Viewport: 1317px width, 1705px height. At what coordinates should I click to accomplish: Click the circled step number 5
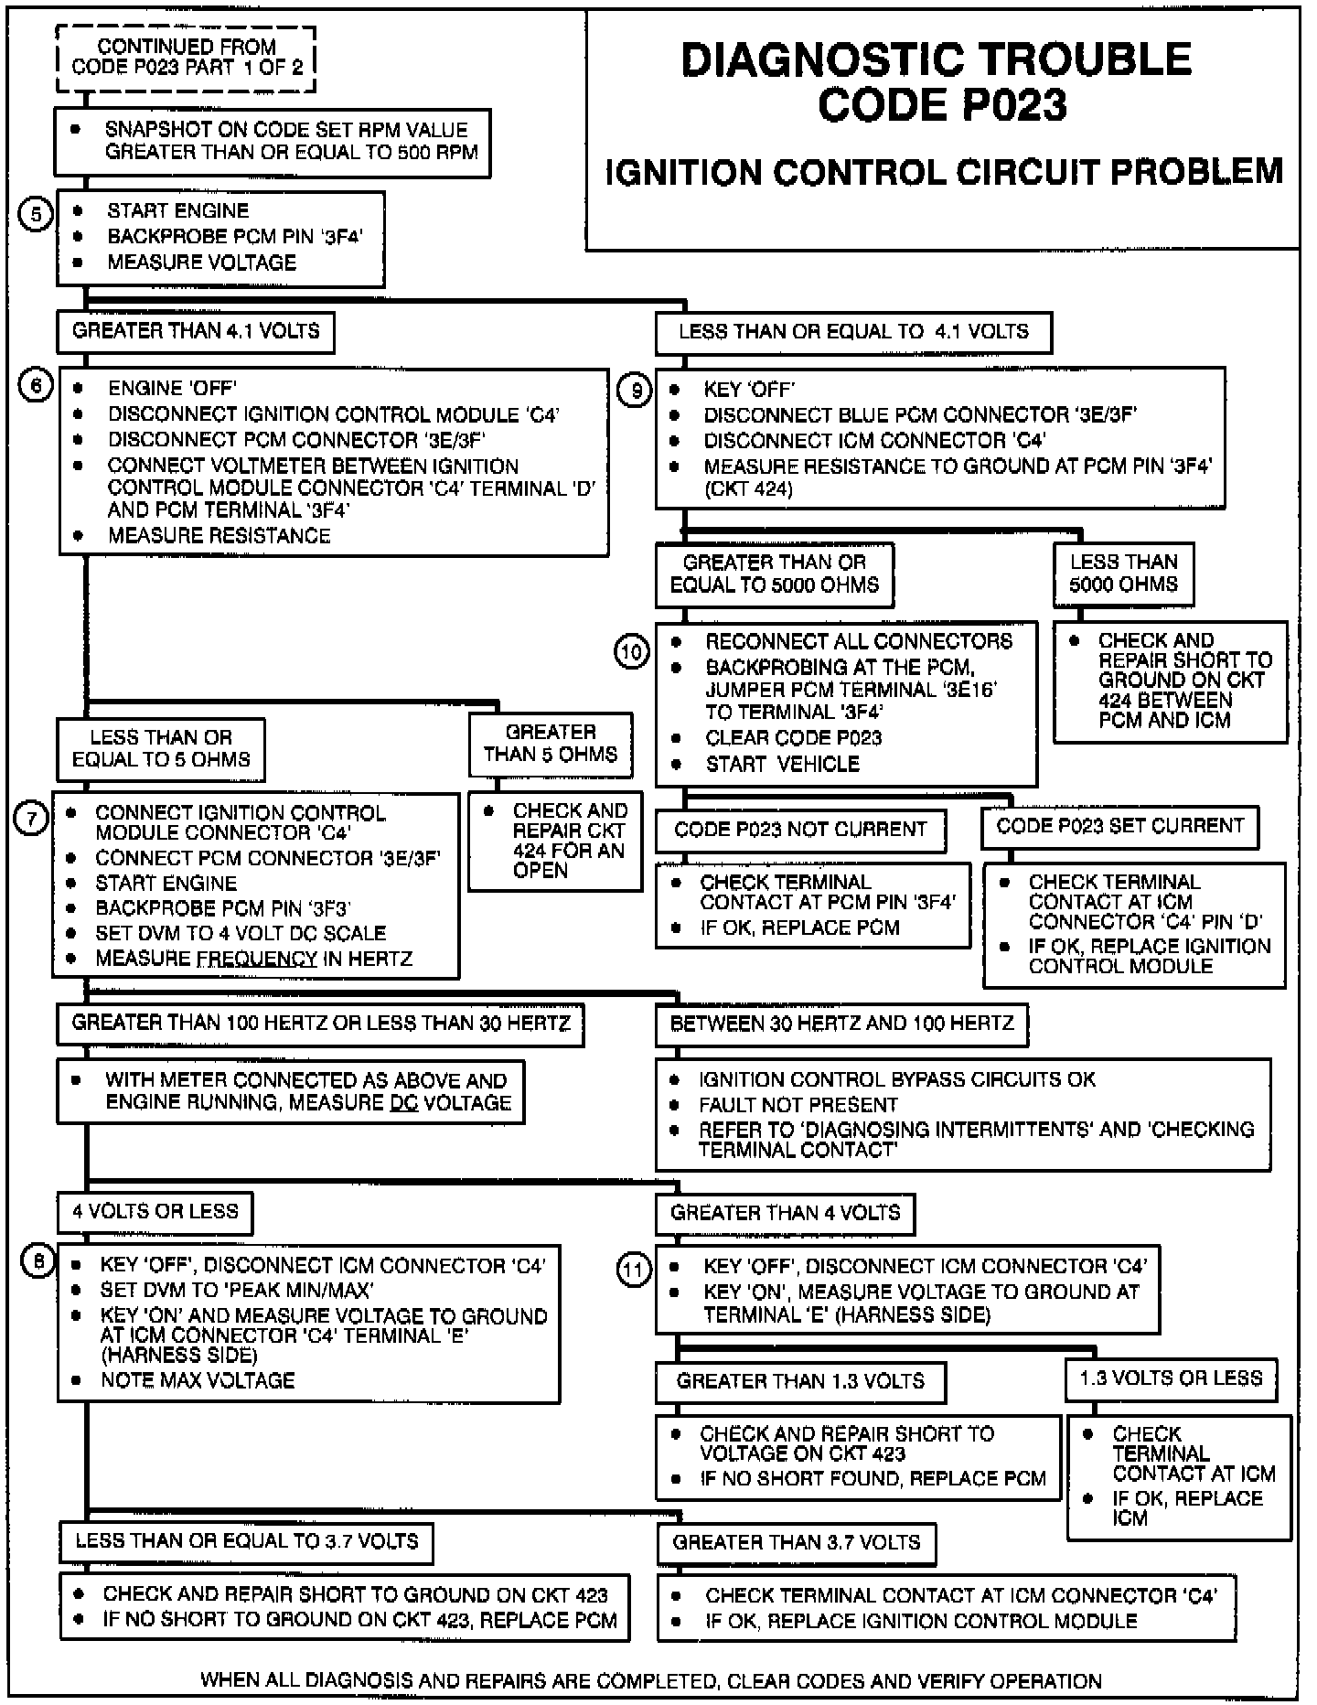tap(36, 216)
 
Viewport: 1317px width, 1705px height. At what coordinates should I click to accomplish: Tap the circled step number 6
tap(36, 386)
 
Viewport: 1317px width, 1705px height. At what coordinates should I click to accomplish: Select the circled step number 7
tap(31, 818)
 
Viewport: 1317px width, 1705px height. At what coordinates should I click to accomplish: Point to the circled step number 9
tap(634, 391)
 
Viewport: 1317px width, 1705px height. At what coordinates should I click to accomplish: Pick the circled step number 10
tap(632, 652)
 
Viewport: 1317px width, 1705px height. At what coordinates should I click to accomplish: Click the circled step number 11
tap(635, 1270)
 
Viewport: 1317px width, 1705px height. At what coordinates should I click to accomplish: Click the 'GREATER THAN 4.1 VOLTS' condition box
tap(196, 331)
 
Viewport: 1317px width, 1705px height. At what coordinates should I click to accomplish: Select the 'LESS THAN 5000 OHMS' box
tap(1123, 574)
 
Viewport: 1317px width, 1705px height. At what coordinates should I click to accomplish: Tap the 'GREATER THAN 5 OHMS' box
tap(551, 744)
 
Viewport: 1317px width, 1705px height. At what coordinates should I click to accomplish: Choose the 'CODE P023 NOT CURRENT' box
tap(800, 830)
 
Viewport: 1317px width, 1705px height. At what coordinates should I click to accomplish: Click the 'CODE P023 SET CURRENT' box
tap(1119, 826)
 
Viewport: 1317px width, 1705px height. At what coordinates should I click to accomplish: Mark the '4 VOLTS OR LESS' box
tap(155, 1212)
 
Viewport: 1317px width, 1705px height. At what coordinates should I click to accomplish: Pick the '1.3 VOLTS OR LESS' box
tap(1171, 1378)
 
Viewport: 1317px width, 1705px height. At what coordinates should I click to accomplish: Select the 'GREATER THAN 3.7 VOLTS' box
tap(796, 1542)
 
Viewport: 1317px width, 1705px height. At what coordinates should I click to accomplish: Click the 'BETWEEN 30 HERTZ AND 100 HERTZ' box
tap(841, 1024)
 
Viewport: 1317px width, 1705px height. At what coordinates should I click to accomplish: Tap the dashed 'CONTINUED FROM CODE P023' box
tap(187, 58)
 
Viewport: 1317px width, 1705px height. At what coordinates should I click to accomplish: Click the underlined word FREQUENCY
tap(257, 960)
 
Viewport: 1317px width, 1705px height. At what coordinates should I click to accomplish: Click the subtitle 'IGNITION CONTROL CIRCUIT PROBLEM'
tap(944, 172)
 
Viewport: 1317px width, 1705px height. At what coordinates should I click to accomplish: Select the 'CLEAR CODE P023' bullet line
tap(793, 738)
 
